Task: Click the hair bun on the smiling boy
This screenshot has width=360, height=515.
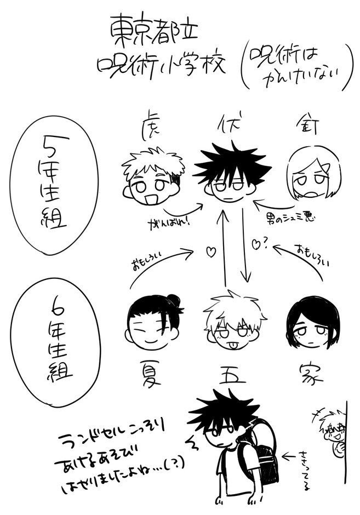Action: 173,300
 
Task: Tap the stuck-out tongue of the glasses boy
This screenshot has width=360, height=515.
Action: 230,345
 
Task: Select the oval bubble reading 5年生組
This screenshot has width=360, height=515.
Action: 51,189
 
